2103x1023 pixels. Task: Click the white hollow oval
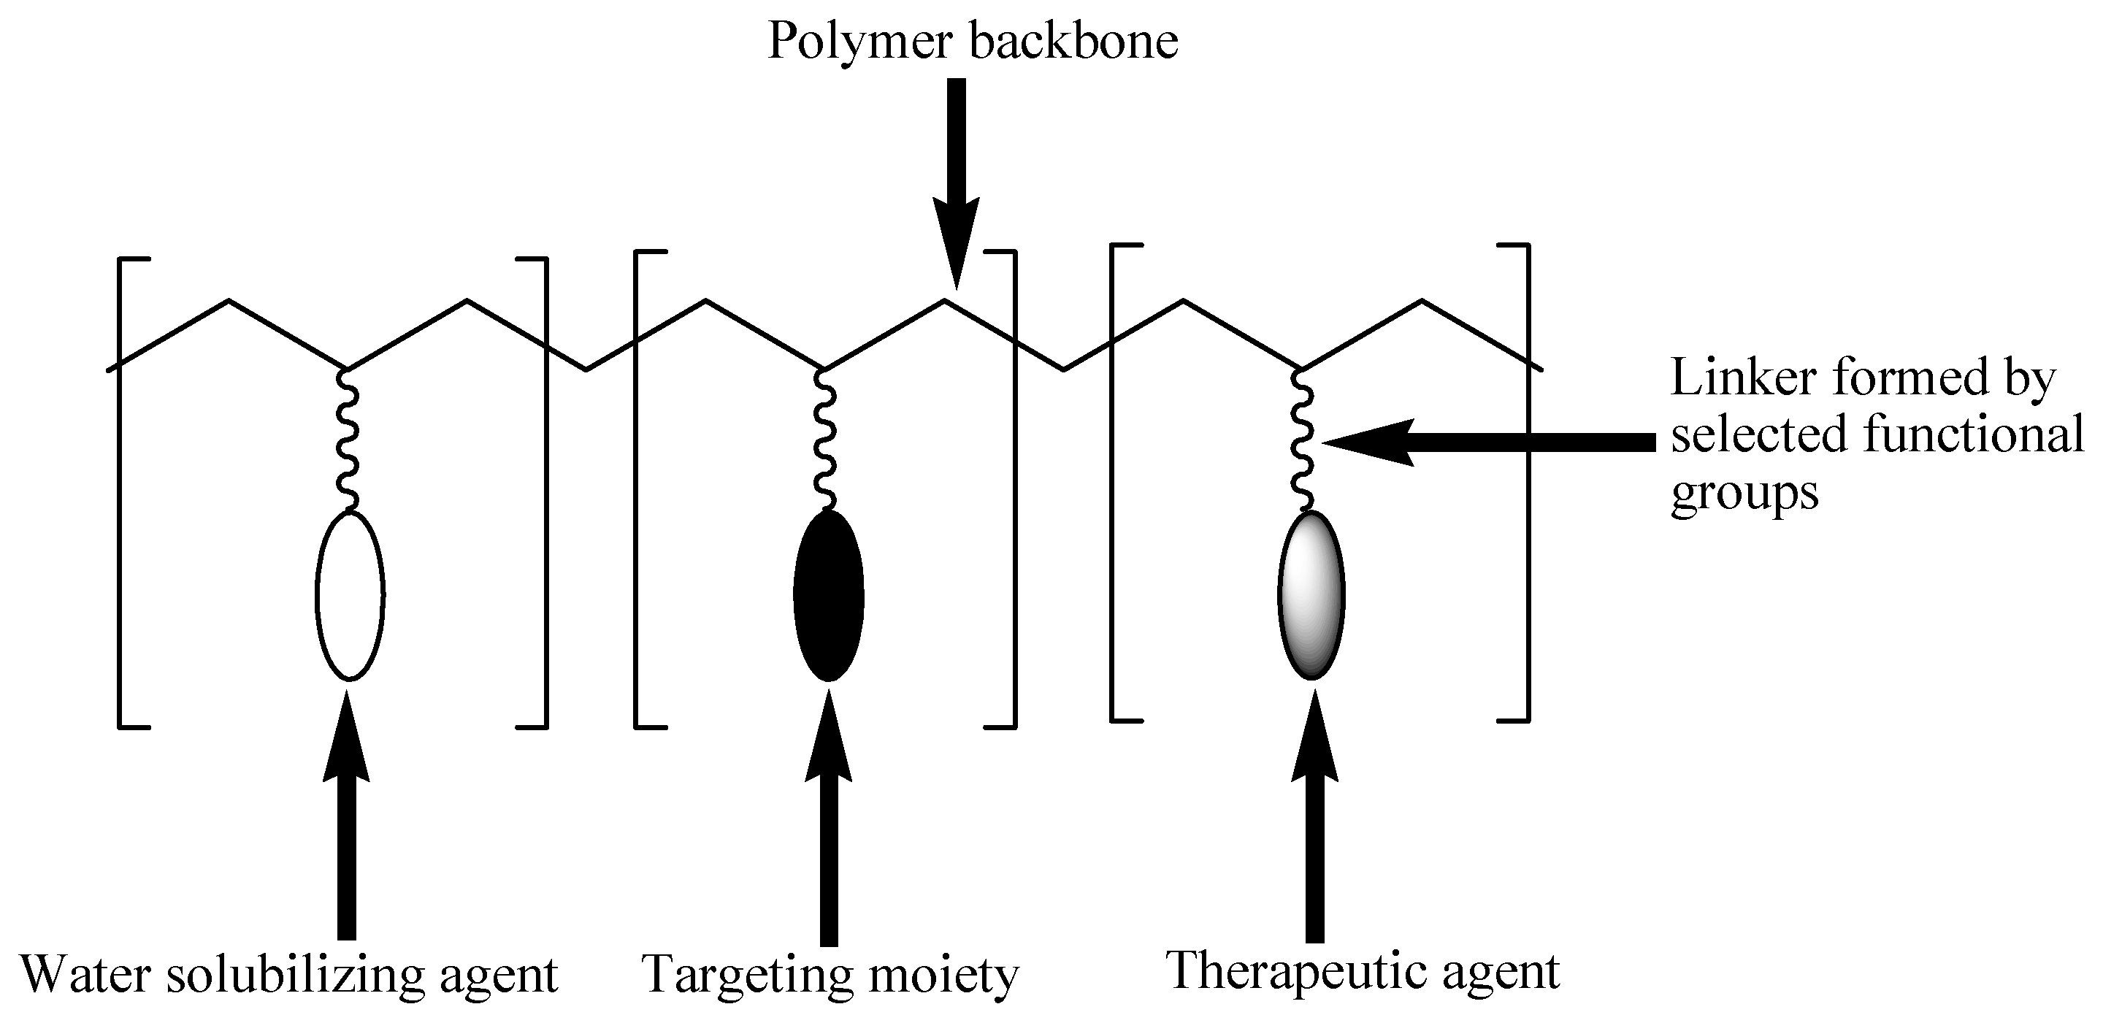(x=350, y=595)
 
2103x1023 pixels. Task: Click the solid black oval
(x=829, y=595)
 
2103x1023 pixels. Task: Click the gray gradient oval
(x=1310, y=595)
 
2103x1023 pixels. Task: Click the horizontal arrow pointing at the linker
(x=1486, y=442)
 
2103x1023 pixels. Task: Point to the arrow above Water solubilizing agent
(x=347, y=824)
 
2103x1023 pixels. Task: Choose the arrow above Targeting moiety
(x=829, y=824)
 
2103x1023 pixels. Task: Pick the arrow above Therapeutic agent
(x=1314, y=824)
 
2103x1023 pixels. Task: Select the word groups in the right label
(x=1744, y=493)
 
